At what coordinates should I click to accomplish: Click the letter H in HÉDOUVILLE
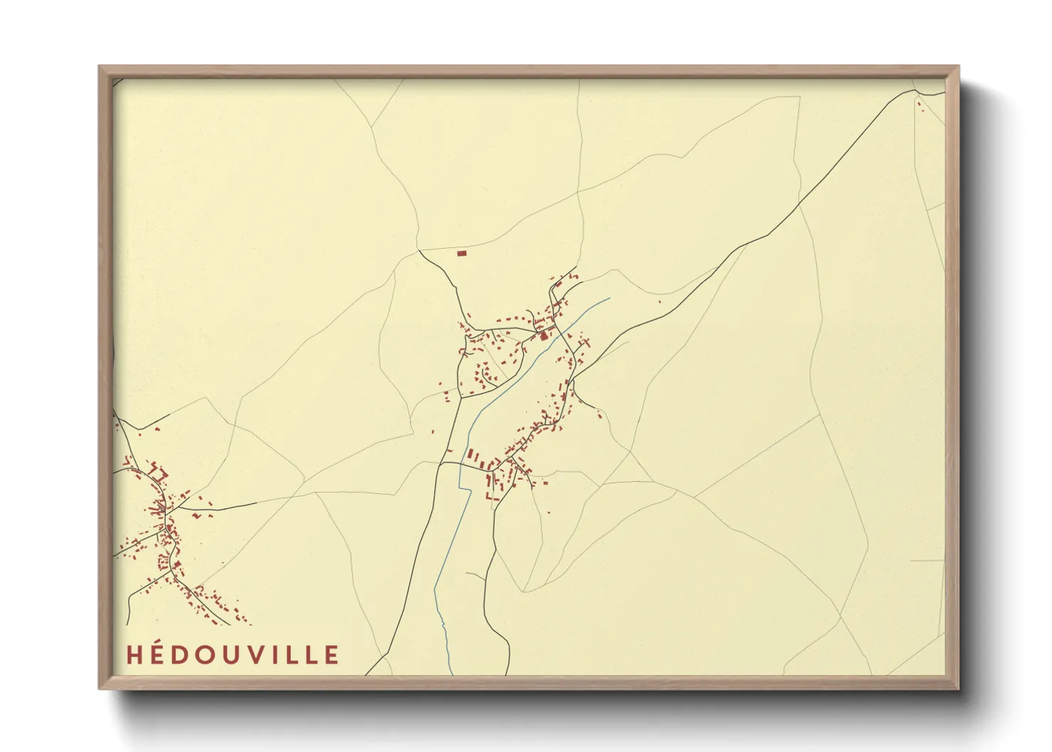134,655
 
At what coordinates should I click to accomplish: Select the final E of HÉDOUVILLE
331,655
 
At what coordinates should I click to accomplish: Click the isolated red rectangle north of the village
461,253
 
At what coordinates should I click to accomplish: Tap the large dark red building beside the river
544,335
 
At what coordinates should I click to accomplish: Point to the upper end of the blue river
609,298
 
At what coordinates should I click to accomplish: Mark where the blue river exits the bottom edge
451,673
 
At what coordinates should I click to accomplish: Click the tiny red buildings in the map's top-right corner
920,106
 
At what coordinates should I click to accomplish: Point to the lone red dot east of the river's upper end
660,301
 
